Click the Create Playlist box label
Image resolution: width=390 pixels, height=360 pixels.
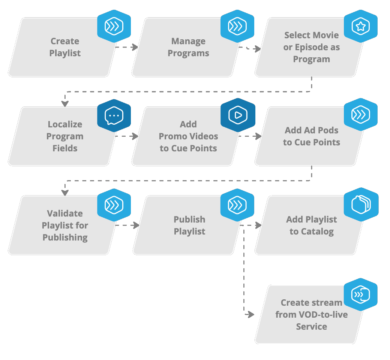(x=65, y=47)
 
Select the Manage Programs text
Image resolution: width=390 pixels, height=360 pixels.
(x=188, y=47)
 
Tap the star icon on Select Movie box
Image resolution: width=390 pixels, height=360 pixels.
(x=360, y=26)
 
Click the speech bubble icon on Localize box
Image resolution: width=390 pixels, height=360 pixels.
(x=114, y=116)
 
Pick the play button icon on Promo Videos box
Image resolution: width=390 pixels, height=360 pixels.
(x=237, y=116)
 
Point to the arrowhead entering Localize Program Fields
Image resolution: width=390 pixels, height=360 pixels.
(x=65, y=103)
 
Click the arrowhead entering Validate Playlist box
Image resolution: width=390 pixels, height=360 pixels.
(x=65, y=192)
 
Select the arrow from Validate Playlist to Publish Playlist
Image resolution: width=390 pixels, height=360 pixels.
(x=127, y=225)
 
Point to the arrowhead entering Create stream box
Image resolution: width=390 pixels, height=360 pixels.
(x=250, y=315)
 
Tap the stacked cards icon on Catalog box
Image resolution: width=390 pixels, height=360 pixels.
(x=361, y=205)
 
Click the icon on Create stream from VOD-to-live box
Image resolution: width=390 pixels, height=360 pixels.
(x=360, y=294)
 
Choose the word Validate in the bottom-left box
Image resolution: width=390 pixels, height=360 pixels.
(x=65, y=214)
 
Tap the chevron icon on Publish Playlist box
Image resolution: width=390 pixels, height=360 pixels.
(x=237, y=205)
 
